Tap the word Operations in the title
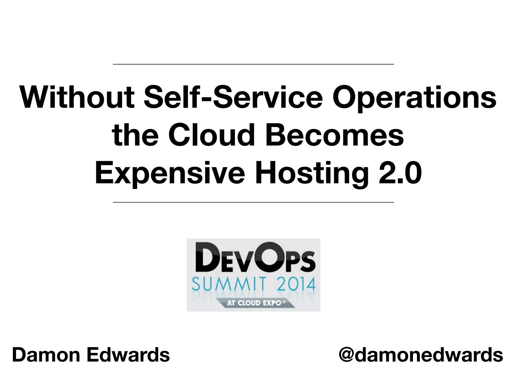[x=414, y=98]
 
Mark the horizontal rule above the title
[x=253, y=64]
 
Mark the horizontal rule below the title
[x=253, y=202]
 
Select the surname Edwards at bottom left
[x=128, y=355]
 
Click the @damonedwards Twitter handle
[x=421, y=355]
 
